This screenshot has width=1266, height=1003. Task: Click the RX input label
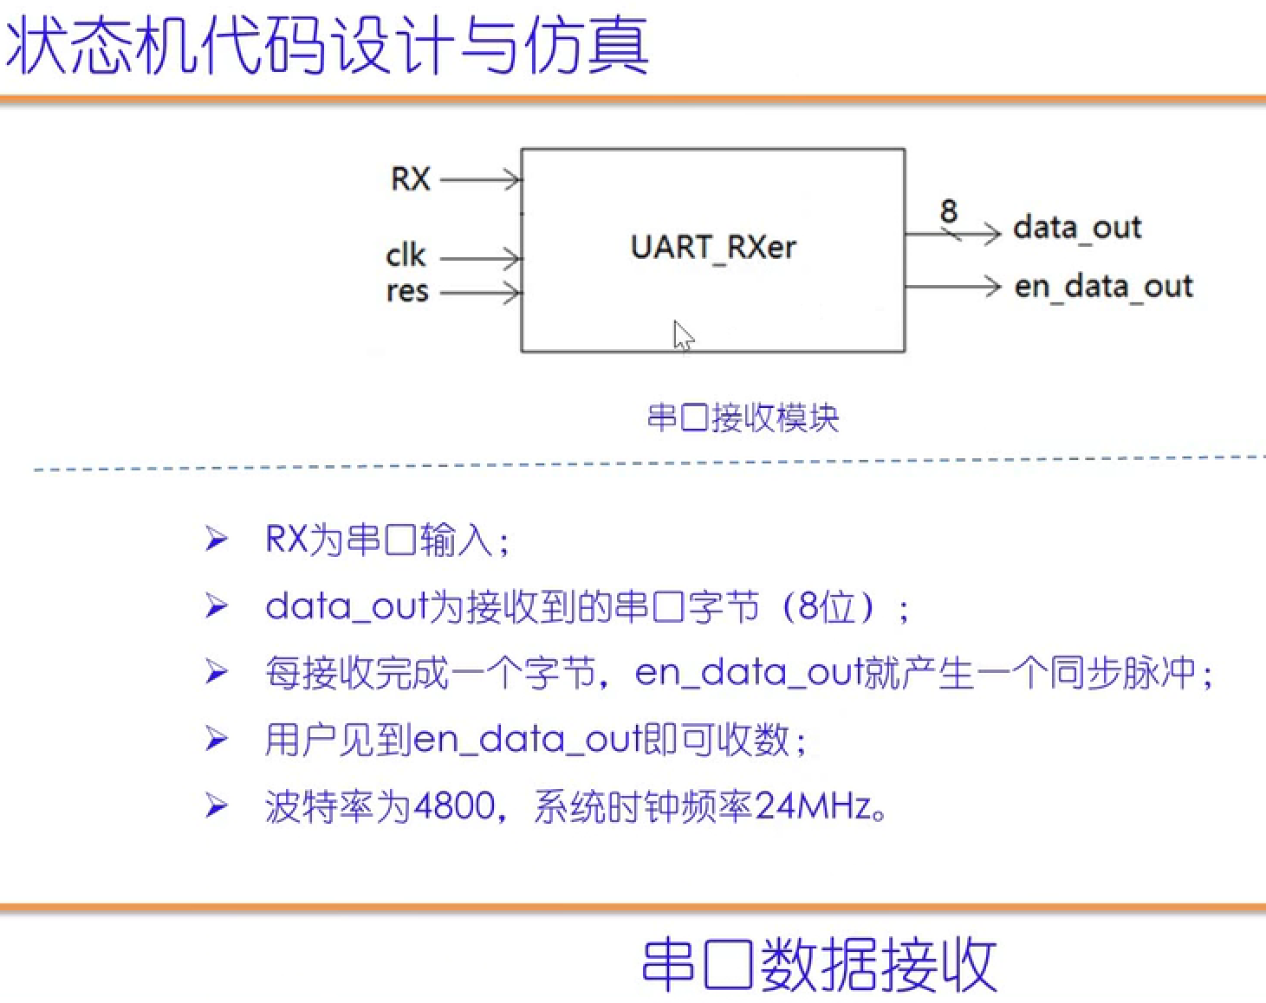tap(411, 179)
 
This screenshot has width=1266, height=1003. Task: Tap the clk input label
tap(406, 256)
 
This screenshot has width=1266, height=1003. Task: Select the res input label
tap(407, 292)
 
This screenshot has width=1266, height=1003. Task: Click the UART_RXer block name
tap(712, 248)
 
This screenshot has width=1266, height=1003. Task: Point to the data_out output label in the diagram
tap(1077, 228)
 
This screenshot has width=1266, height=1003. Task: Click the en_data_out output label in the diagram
tap(1103, 286)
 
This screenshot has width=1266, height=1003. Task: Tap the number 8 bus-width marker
tap(949, 210)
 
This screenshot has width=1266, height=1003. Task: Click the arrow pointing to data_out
tap(953, 233)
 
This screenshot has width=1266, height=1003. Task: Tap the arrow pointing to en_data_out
tap(953, 286)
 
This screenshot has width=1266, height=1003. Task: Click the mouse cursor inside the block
tap(684, 335)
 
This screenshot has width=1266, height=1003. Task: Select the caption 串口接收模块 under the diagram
tap(743, 418)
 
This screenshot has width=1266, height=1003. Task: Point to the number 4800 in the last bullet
tap(455, 806)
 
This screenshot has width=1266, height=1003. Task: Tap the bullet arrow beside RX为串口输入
tap(217, 540)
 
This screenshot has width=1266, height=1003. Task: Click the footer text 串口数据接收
tap(819, 964)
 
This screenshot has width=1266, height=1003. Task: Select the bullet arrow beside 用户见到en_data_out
tap(217, 739)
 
